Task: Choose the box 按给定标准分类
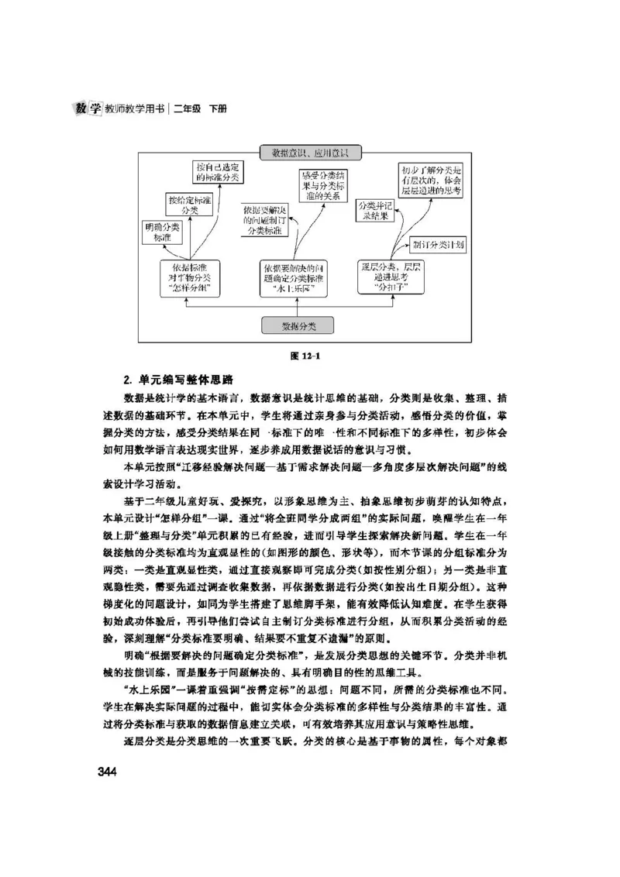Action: [189, 205]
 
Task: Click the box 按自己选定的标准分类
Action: [219, 172]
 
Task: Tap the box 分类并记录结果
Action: [375, 211]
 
